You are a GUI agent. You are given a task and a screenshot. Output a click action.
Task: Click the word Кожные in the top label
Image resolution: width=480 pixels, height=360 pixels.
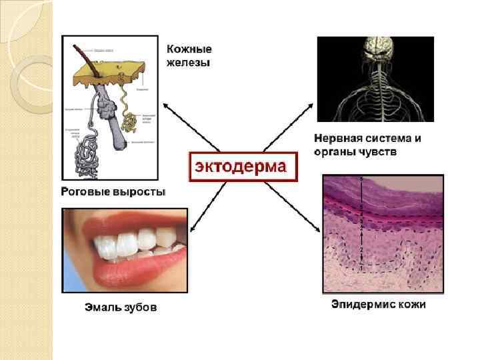pyautogui.click(x=189, y=50)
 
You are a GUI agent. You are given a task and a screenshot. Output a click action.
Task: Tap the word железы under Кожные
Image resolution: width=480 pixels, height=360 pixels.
pyautogui.click(x=188, y=63)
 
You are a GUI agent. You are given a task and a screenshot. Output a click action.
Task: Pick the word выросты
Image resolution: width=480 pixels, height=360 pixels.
pyautogui.click(x=139, y=192)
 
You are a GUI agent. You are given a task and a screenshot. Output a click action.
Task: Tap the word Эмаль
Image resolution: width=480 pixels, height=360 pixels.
pyautogui.click(x=103, y=308)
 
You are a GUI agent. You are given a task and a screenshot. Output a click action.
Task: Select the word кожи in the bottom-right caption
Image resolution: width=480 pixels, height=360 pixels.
pyautogui.click(x=411, y=305)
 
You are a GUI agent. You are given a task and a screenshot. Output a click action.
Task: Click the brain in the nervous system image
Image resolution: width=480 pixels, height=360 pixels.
pyautogui.click(x=375, y=51)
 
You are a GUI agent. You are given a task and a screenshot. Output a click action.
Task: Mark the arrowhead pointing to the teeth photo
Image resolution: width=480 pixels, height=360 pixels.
pyautogui.click(x=191, y=231)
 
